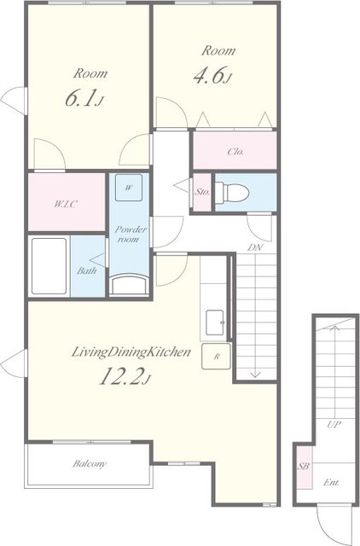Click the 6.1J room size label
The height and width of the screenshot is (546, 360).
(x=84, y=99)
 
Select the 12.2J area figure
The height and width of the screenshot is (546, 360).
(x=125, y=376)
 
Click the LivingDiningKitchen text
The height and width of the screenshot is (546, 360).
(x=131, y=352)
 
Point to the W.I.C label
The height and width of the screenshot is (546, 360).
(x=65, y=204)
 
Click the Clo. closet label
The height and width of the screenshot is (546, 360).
(x=235, y=152)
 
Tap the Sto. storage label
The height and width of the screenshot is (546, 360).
(x=202, y=192)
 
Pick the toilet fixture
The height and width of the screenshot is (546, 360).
(x=232, y=192)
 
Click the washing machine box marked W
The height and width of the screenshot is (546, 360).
(x=129, y=188)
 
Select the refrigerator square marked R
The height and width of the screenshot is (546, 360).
(x=216, y=357)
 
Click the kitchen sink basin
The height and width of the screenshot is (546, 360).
(x=216, y=322)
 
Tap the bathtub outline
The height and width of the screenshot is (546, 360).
(x=49, y=266)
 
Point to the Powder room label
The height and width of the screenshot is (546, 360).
(x=130, y=235)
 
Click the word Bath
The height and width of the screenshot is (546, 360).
(x=87, y=270)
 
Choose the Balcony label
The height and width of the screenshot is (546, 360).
(x=90, y=463)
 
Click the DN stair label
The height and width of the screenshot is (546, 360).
(x=255, y=247)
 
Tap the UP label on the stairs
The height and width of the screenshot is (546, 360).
(x=334, y=425)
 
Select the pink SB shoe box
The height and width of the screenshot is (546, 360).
(x=304, y=468)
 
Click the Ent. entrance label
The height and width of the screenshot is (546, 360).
(x=331, y=483)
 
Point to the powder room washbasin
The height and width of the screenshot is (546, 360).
(x=129, y=284)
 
